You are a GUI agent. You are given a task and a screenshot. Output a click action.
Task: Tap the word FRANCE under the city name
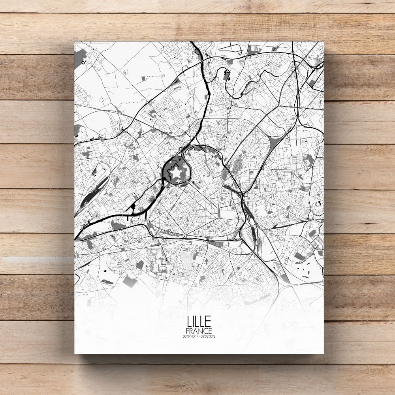click(x=199, y=330)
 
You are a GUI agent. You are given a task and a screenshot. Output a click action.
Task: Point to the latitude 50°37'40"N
click(x=190, y=337)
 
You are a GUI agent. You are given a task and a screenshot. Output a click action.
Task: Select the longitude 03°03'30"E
click(x=209, y=337)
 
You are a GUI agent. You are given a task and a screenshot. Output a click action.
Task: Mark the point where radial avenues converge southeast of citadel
click(x=216, y=207)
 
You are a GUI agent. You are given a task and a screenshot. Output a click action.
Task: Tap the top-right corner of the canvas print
click(x=323, y=41)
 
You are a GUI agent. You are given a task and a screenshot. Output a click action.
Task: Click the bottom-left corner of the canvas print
click(x=75, y=353)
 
